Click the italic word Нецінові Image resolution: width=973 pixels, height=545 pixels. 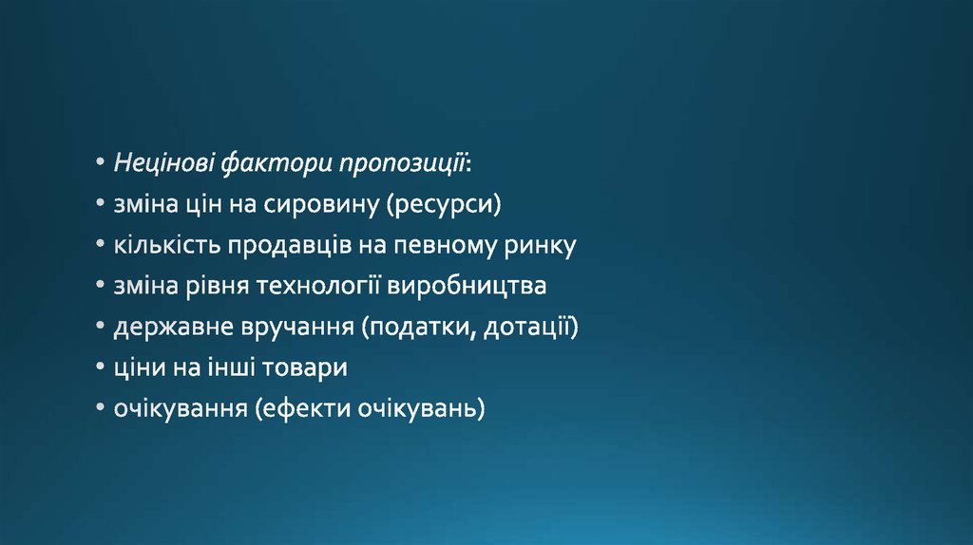pos(164,162)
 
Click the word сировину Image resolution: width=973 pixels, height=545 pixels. pos(321,204)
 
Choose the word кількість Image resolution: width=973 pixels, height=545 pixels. pos(167,245)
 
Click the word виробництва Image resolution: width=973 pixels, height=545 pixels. pos(467,286)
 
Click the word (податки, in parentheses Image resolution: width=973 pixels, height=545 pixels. pos(419,327)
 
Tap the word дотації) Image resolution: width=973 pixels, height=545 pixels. pos(530,327)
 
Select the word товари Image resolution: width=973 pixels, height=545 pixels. pos(305,367)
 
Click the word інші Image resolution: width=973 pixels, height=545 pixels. pos(232,367)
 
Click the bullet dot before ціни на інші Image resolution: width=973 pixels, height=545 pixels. pos(101,367)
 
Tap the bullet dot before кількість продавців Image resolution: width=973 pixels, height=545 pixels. pos(101,244)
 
